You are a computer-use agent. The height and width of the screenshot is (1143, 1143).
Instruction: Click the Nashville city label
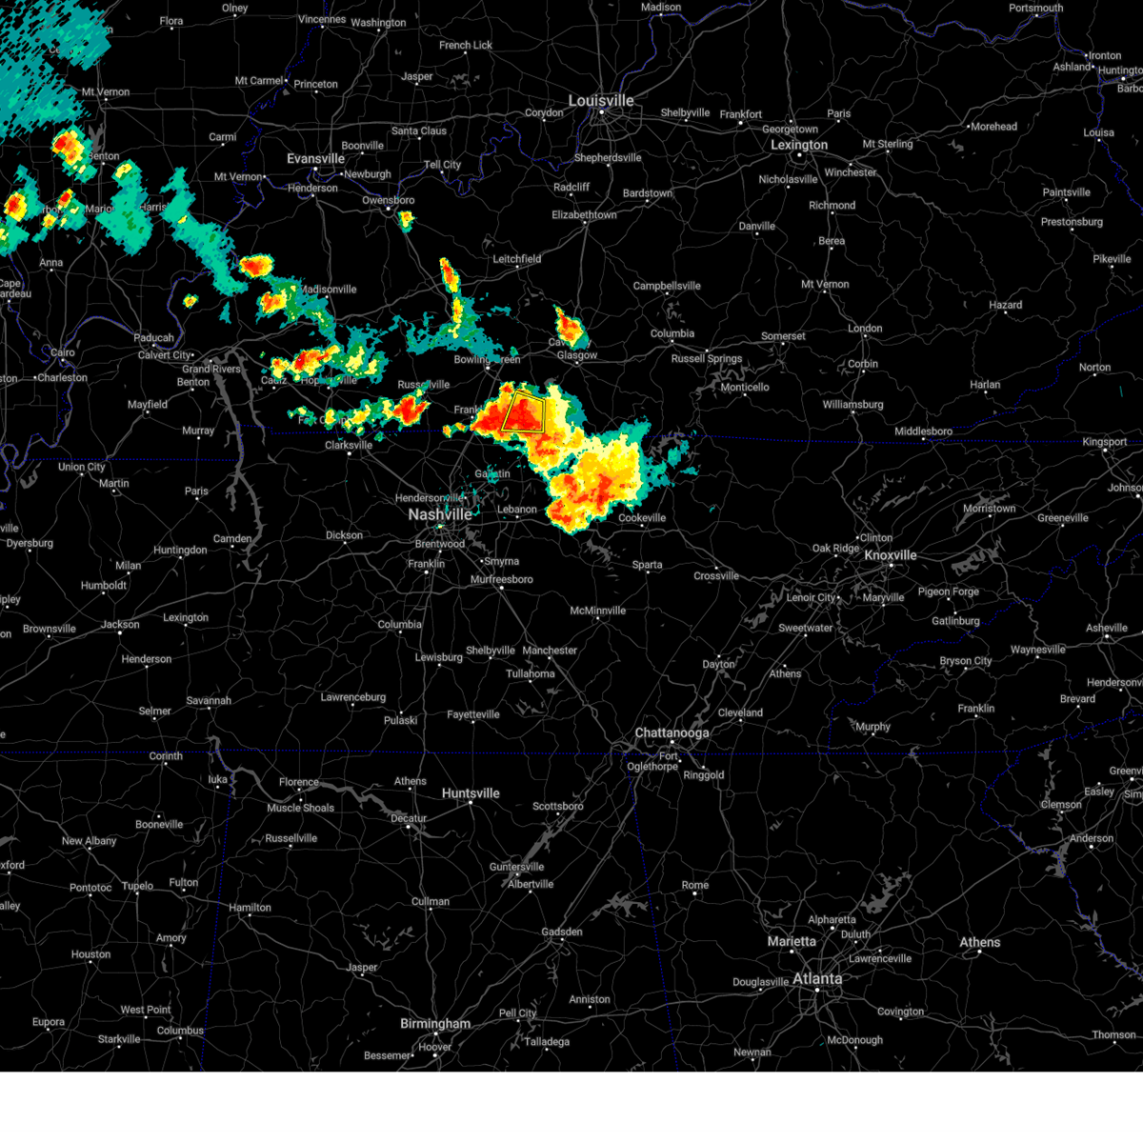439,514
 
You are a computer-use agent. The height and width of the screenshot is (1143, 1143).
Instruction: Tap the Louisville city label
601,101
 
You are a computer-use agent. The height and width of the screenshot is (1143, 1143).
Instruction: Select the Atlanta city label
817,978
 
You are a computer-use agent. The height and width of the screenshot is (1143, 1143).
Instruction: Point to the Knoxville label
890,555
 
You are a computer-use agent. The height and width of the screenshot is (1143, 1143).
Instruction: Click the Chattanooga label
672,733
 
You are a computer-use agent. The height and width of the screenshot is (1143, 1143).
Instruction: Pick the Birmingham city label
435,1024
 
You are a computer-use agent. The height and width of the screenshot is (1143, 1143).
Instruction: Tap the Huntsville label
471,793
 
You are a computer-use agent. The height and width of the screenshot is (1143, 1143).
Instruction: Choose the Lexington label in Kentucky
799,145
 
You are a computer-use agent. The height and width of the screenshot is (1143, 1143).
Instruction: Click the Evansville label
315,159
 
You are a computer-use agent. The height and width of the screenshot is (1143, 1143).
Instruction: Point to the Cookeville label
642,518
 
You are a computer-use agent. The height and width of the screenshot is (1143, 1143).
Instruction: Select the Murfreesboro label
502,579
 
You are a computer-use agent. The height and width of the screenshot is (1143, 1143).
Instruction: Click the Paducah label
153,338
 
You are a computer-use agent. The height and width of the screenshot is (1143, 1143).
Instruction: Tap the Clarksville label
349,446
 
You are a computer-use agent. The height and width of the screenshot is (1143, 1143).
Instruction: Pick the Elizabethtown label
584,215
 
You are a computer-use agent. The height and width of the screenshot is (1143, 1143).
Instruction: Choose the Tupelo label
137,886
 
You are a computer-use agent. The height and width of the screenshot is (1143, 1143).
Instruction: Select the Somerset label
783,336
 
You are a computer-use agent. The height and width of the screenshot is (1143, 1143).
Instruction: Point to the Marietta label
792,941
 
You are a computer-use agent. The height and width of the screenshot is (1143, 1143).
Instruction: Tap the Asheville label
1106,629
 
